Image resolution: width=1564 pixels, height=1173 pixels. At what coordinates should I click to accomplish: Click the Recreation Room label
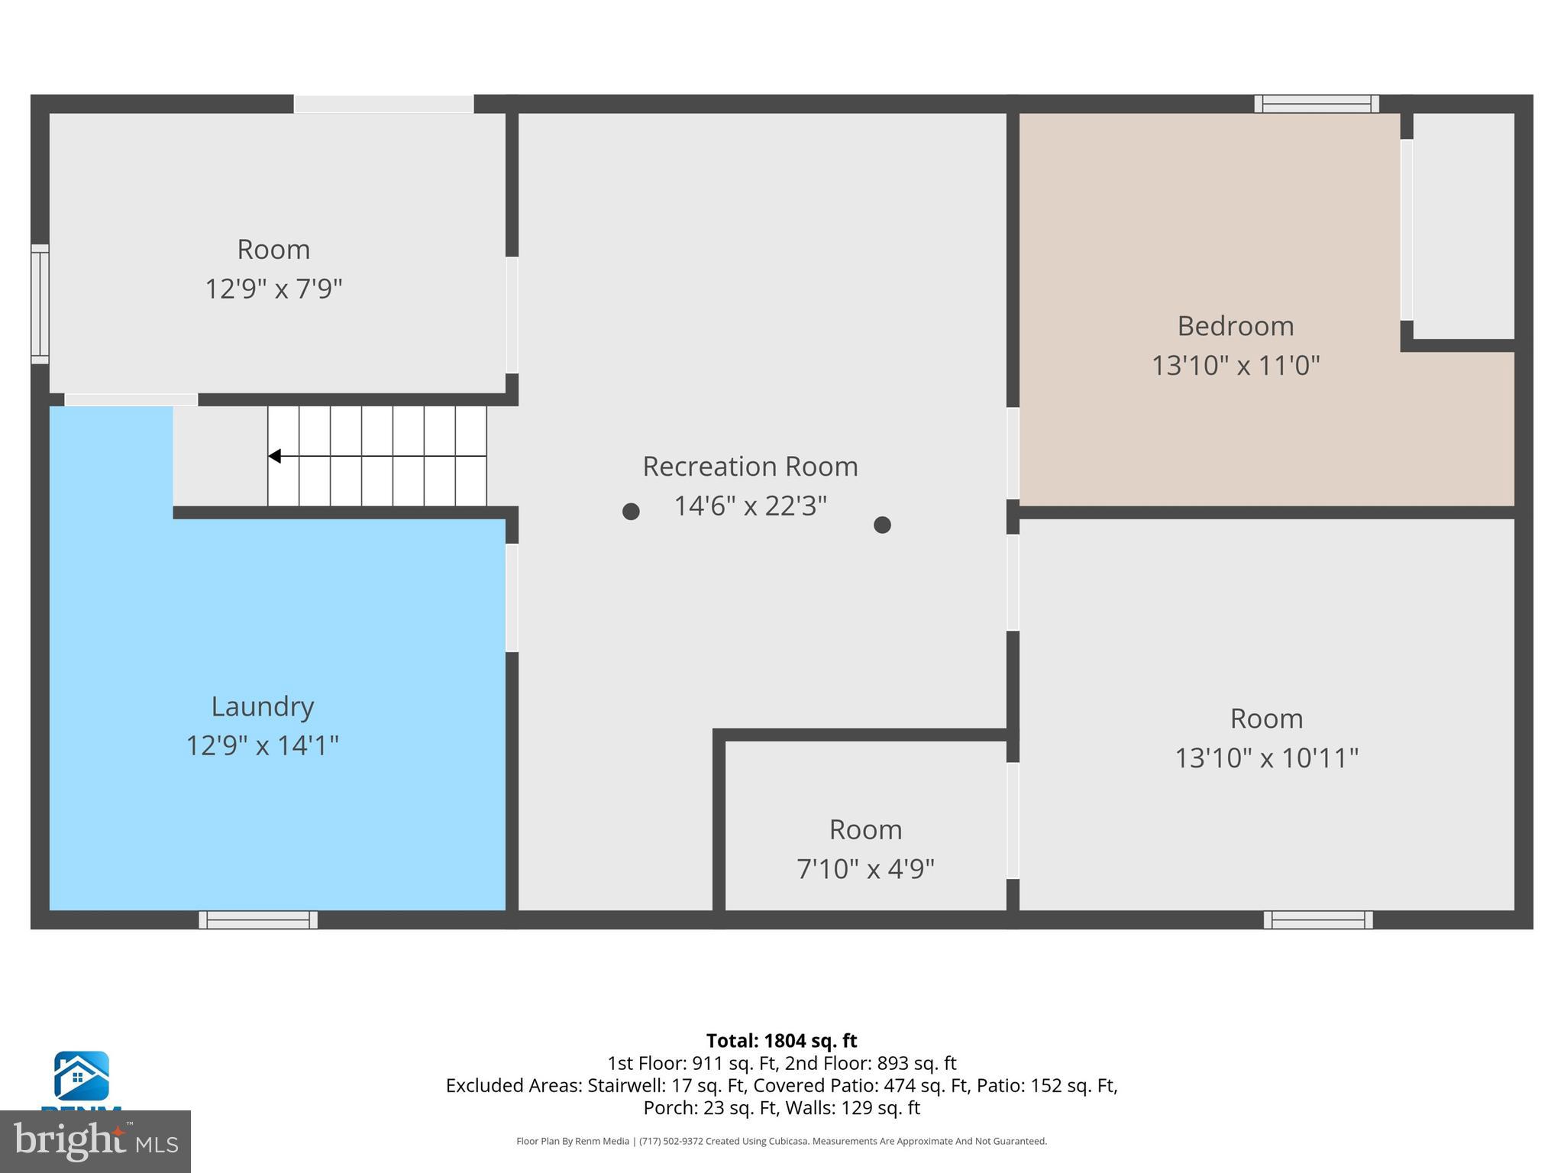(750, 467)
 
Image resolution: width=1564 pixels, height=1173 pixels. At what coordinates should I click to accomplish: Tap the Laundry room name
(263, 706)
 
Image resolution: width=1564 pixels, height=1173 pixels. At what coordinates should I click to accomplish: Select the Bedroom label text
(1235, 326)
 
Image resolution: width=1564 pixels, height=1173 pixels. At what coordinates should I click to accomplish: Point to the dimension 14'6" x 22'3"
(750, 506)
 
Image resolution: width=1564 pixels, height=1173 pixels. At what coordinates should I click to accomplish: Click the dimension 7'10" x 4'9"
(865, 869)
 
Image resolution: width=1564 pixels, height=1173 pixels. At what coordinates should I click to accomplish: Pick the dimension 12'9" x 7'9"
(273, 289)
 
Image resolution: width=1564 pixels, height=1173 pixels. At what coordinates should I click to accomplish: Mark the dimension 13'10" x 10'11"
(1266, 758)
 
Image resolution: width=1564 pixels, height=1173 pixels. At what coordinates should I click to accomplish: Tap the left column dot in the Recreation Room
(631, 512)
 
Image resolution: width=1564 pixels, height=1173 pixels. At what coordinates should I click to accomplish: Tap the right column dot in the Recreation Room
(882, 525)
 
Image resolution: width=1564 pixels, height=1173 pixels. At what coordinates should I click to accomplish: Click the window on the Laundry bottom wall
(258, 919)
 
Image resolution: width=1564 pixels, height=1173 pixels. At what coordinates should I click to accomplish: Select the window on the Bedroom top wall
(1316, 104)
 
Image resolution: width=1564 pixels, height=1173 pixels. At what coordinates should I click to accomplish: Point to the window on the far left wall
(40, 304)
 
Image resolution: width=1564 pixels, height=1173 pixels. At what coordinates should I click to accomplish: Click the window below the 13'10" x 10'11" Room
(1318, 919)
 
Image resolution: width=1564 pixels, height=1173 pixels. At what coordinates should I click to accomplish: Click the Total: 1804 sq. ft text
(781, 1041)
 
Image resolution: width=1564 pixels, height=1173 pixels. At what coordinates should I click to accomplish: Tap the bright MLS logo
(95, 1141)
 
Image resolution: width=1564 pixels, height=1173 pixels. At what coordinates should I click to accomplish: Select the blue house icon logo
(81, 1075)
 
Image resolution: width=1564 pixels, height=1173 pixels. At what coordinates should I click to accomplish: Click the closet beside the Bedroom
(1463, 226)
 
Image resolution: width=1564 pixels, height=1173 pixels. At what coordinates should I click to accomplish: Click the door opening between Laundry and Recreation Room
(512, 598)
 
